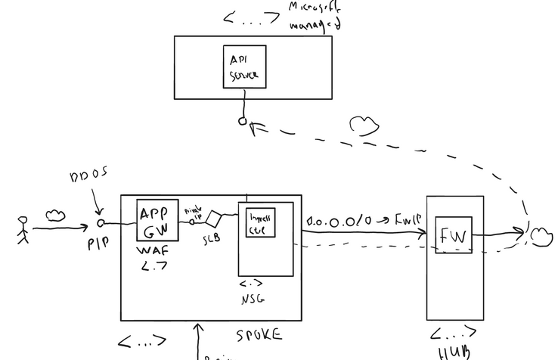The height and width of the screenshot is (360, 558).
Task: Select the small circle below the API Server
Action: (243, 120)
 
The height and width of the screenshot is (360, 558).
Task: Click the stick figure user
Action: (23, 230)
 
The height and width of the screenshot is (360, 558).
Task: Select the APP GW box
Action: (157, 220)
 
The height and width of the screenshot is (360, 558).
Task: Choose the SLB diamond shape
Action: (215, 220)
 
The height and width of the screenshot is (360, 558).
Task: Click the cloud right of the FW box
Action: (541, 236)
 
